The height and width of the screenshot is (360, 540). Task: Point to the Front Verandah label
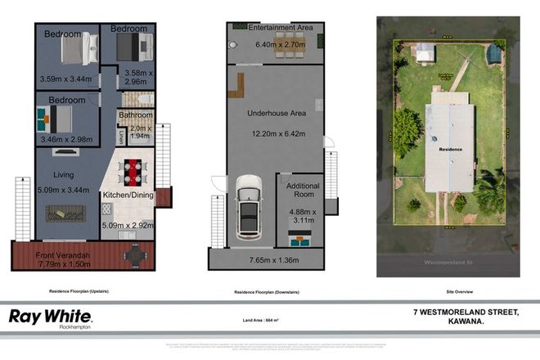(x=65, y=255)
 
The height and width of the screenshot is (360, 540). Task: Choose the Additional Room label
(x=302, y=191)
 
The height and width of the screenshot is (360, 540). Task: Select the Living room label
(x=65, y=174)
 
